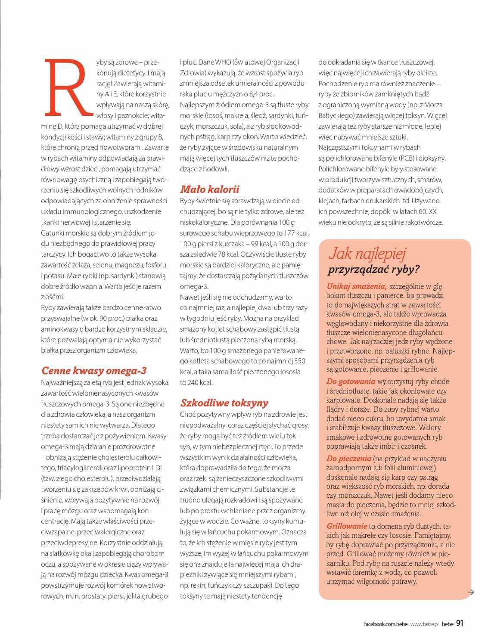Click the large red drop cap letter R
(x=68, y=88)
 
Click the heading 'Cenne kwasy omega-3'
(x=94, y=371)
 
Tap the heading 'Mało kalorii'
(x=209, y=189)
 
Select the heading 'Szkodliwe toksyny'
(x=224, y=403)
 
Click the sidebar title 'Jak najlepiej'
(x=367, y=254)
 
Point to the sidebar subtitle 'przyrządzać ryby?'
(x=374, y=270)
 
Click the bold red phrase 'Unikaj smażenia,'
(x=356, y=286)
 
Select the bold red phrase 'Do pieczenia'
(x=349, y=459)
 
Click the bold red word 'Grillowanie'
(x=347, y=526)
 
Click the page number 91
(x=460, y=623)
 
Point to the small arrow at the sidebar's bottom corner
(x=470, y=592)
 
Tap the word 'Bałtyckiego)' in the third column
(x=337, y=115)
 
